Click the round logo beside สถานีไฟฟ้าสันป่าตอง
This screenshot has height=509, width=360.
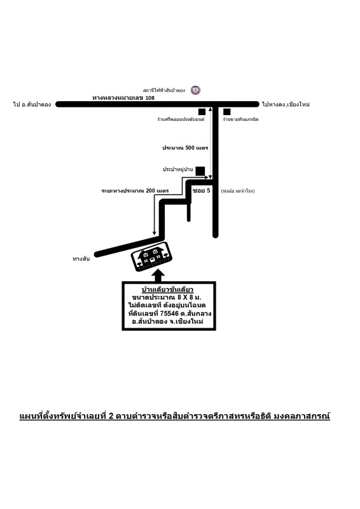pos(195,90)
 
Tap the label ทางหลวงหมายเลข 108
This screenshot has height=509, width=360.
pos(123,98)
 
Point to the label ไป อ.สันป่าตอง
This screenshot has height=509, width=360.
pos(32,104)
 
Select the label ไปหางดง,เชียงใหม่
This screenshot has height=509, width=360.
pos(286,104)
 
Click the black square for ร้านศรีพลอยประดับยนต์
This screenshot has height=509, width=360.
pos(202,112)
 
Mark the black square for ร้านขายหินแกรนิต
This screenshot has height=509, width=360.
pos(227,112)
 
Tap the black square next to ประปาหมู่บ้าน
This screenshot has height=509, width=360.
pos(200,171)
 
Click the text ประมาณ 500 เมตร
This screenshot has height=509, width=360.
pos(185,148)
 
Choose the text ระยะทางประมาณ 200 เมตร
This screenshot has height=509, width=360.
pos(135,191)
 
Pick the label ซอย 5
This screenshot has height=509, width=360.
pos(201,190)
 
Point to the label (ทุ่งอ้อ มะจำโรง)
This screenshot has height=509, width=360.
pos(238,192)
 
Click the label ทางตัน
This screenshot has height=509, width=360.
pos(81,259)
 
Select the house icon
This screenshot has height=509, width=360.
pos(151,256)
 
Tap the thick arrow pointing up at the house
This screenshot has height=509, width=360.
pos(158,276)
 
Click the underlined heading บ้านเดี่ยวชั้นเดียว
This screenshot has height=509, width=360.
pos(168,290)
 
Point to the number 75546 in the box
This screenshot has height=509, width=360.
pos(169,314)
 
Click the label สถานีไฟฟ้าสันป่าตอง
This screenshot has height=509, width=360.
pos(164,90)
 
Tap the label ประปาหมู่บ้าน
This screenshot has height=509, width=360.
pos(178,169)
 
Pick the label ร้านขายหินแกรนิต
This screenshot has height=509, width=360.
pos(240,120)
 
